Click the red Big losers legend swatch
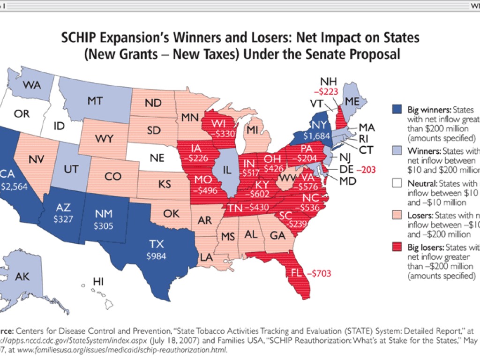coord(396,247)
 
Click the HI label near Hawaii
coord(98,281)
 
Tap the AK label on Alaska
coord(22,277)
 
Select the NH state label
coord(327,81)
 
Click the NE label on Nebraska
coord(157,158)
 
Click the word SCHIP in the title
coord(80,37)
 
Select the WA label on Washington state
coord(31,85)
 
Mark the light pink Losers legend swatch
coord(396,216)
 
